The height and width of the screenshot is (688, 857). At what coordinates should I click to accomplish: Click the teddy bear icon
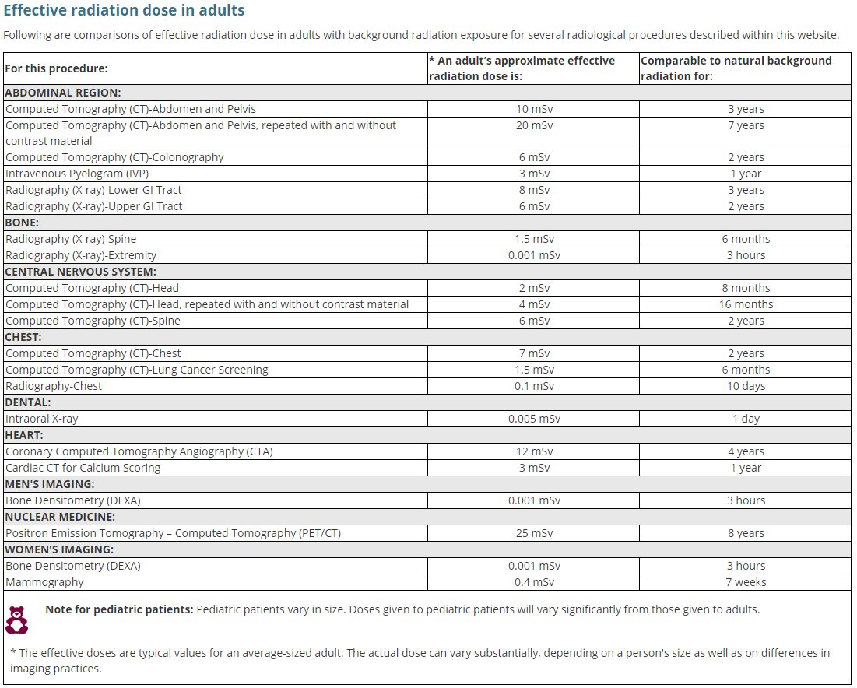click(17, 620)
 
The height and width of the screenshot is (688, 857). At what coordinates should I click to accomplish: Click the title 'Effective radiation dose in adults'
click(124, 11)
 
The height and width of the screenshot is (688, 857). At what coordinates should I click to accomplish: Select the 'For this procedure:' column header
click(56, 68)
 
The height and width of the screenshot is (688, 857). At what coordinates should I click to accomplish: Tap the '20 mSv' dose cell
click(534, 125)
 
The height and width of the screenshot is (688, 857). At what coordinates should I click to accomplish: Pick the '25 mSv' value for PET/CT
click(534, 533)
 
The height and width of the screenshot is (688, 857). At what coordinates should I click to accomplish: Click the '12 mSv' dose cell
click(534, 451)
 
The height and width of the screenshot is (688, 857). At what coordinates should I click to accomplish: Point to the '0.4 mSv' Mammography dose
click(534, 582)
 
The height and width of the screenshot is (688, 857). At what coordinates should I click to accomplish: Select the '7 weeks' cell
click(746, 582)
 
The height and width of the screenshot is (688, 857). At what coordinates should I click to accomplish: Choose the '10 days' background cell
click(746, 386)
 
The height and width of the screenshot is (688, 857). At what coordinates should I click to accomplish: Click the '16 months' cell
click(746, 304)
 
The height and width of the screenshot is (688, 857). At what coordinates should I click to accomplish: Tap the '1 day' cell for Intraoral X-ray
click(746, 419)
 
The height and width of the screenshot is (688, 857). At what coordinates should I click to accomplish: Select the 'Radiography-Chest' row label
click(54, 386)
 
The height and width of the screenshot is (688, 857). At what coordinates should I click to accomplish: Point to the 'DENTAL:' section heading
click(28, 402)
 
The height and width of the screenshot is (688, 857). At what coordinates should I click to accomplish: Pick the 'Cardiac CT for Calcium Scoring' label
click(83, 468)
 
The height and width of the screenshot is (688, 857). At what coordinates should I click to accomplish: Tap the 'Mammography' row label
click(44, 582)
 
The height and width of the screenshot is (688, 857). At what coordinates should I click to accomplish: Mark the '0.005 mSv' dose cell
click(534, 419)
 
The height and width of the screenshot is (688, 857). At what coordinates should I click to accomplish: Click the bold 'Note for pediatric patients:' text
click(119, 609)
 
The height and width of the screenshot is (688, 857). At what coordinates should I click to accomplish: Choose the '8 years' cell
click(746, 533)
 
